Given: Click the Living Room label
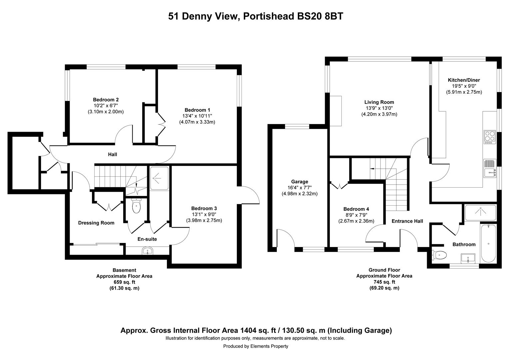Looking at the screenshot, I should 379,102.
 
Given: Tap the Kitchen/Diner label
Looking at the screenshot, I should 464,80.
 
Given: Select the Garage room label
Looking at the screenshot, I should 299,182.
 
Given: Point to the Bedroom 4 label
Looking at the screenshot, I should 356,209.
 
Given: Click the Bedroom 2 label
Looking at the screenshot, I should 106,100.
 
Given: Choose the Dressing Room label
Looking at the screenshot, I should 96,223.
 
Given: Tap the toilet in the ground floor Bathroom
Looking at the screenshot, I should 439,255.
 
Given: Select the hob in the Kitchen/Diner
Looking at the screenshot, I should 490,137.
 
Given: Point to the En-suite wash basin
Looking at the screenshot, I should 147,251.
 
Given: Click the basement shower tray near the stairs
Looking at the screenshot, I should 159,178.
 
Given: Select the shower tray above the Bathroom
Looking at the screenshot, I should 480,213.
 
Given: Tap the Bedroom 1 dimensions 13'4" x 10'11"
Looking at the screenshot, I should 197,116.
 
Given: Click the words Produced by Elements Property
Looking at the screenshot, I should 255,346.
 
